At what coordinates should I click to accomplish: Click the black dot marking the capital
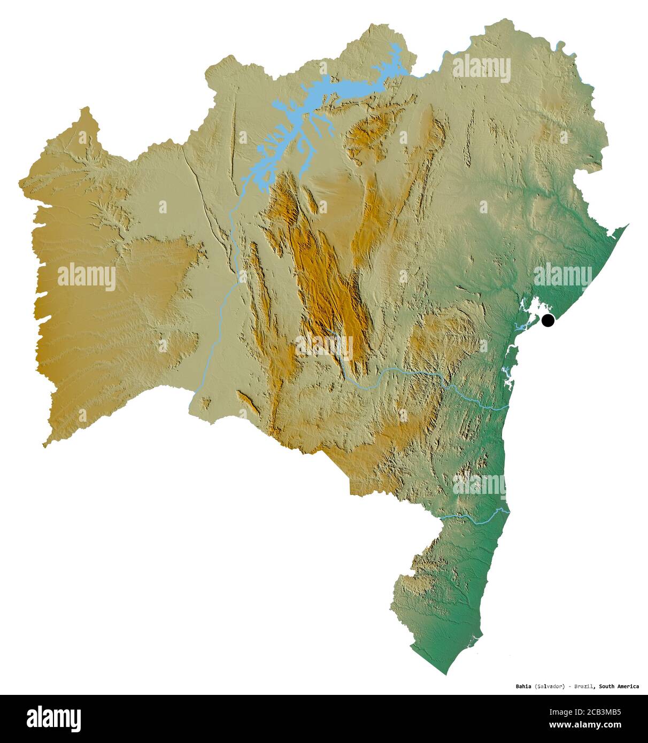point(547,321)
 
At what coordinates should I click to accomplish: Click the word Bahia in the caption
point(523,686)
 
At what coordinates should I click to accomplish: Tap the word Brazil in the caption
point(584,686)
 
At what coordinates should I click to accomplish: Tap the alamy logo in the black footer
point(53,718)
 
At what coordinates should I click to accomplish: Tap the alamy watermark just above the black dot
point(562,275)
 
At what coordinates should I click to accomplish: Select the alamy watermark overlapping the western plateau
point(86,277)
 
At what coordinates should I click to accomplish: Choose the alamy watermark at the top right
point(481,68)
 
